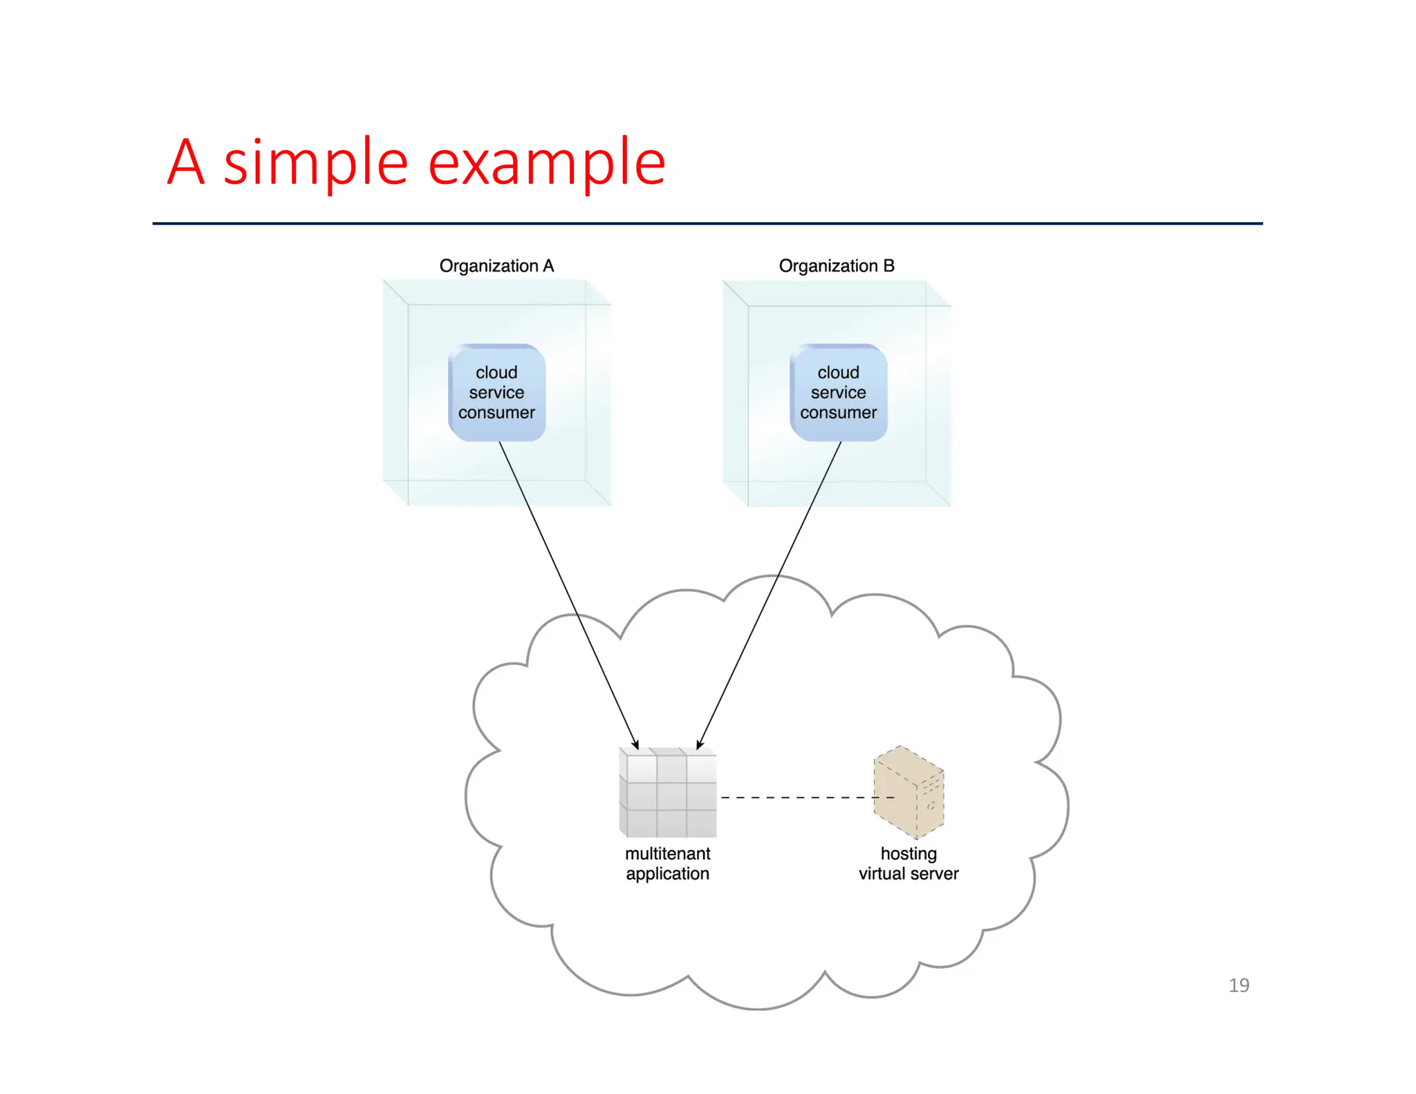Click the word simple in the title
pos(315,163)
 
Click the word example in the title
pos(546,163)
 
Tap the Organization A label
pos(496,266)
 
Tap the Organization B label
pos(837,266)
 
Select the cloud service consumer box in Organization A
pos(496,392)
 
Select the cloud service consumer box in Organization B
pos(838,392)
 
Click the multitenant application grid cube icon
pos(668,793)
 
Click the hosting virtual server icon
pos(909,793)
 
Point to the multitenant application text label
pos(668,863)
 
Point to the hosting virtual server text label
pos(909,863)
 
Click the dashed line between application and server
pos(795,797)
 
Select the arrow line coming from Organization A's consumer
pos(553,560)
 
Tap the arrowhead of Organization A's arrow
pos(635,744)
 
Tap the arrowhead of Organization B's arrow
pos(700,744)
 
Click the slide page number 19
pos(1238,985)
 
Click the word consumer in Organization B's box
pos(838,413)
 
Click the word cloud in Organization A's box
pos(496,372)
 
